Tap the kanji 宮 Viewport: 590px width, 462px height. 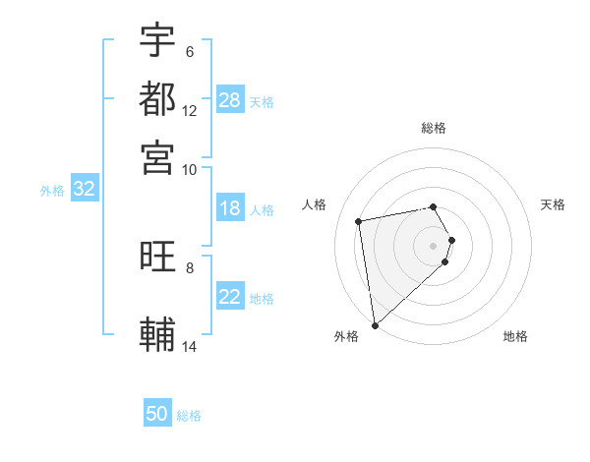coord(157,156)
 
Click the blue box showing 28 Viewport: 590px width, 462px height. coord(230,100)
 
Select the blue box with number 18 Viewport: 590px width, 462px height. coord(230,209)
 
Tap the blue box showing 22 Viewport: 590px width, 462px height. coord(230,298)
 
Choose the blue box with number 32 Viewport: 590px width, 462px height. coord(84,191)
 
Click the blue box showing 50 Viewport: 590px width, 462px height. coord(157,414)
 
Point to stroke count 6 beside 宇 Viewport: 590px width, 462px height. coord(189,51)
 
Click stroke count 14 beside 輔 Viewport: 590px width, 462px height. coord(190,346)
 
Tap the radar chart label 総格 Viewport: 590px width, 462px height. coord(434,128)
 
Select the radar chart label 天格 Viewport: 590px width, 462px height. coord(553,204)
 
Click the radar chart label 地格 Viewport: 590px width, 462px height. coord(515,336)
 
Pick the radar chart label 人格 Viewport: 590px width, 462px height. coord(315,204)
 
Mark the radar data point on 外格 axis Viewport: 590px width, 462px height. coord(375,324)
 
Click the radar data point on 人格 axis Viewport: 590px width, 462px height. coord(359,221)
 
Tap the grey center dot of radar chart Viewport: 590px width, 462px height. coord(434,245)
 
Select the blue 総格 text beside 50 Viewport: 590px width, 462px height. coord(189,416)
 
